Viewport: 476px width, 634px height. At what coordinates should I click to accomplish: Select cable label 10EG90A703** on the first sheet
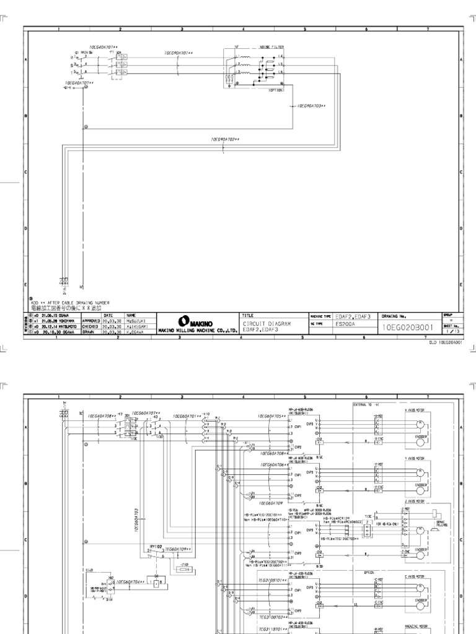(x=311, y=106)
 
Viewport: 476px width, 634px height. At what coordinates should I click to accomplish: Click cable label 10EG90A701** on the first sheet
(x=180, y=53)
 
